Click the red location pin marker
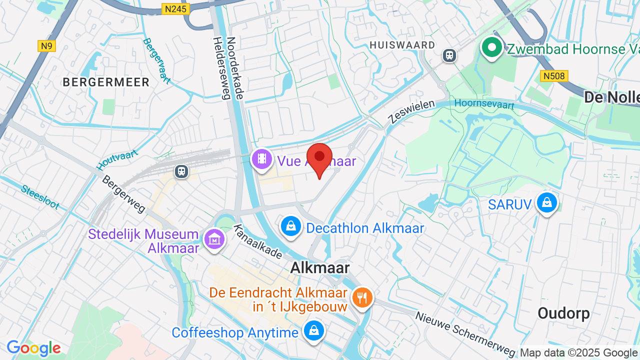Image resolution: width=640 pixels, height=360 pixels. [319, 157]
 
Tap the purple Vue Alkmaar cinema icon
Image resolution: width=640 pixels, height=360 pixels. [262, 159]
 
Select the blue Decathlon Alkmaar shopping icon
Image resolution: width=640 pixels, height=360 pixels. [290, 226]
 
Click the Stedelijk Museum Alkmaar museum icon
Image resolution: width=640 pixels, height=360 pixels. [214, 239]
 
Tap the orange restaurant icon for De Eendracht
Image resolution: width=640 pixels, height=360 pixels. [362, 298]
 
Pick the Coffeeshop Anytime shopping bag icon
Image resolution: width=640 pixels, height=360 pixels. [313, 331]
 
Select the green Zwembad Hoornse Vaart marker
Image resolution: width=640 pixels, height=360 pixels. [492, 48]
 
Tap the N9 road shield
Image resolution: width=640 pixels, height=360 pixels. [46, 46]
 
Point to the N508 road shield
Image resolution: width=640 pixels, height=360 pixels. [554, 75]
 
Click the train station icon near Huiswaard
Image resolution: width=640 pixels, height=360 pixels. [449, 55]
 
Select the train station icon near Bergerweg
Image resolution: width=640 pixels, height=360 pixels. [181, 171]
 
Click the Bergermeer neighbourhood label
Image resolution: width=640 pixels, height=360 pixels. [106, 82]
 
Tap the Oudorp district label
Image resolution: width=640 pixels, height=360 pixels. [563, 313]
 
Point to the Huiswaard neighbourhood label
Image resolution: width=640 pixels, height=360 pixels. [402, 45]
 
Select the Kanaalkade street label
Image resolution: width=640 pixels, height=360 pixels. [258, 241]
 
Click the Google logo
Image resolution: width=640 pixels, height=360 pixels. [33, 348]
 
